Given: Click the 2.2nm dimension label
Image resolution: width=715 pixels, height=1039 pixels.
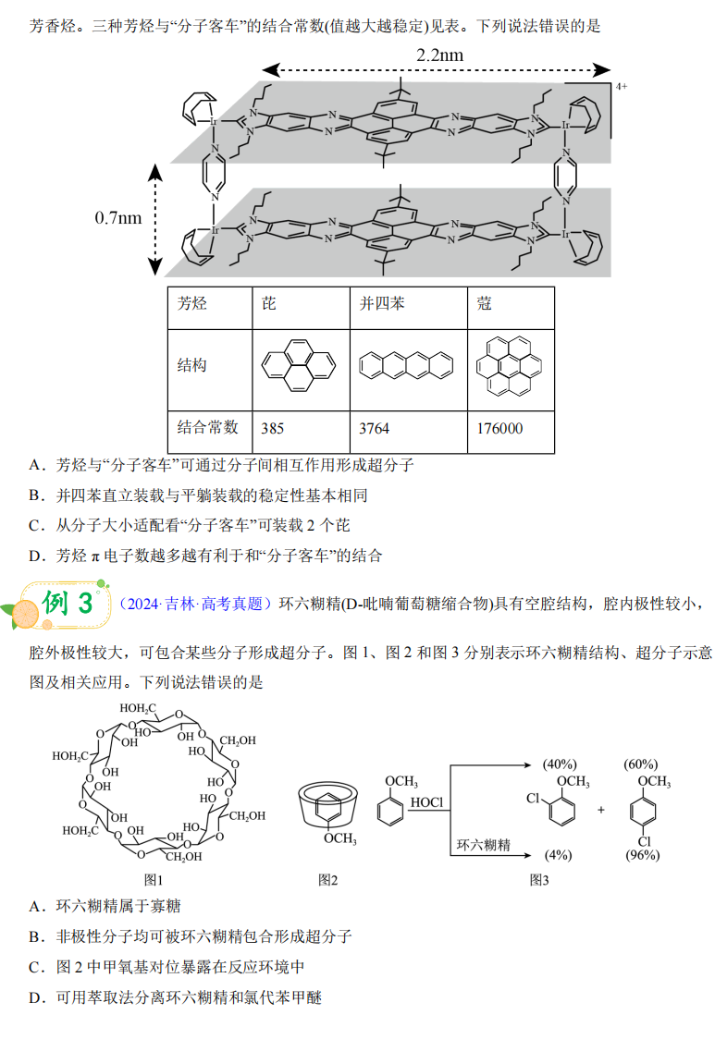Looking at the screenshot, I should [x=439, y=55].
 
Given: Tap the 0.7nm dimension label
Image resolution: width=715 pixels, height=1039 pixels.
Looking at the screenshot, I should [x=118, y=218].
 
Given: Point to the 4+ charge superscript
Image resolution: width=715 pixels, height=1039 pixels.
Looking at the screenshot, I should [x=621, y=86].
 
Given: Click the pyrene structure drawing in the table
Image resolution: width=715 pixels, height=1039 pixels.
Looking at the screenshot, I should [x=299, y=364].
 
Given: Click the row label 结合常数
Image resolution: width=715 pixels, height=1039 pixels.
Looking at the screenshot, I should [x=208, y=427].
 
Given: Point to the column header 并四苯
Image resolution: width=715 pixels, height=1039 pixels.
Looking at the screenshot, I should [x=382, y=303].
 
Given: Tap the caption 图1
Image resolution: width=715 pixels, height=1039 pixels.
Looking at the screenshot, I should [x=153, y=879].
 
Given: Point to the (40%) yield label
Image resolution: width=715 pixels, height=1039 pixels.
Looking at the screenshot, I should [x=561, y=764].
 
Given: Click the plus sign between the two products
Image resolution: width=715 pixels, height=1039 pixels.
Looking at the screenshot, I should [x=600, y=810].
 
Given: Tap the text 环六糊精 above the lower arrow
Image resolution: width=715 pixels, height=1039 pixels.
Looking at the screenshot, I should [x=483, y=844].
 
